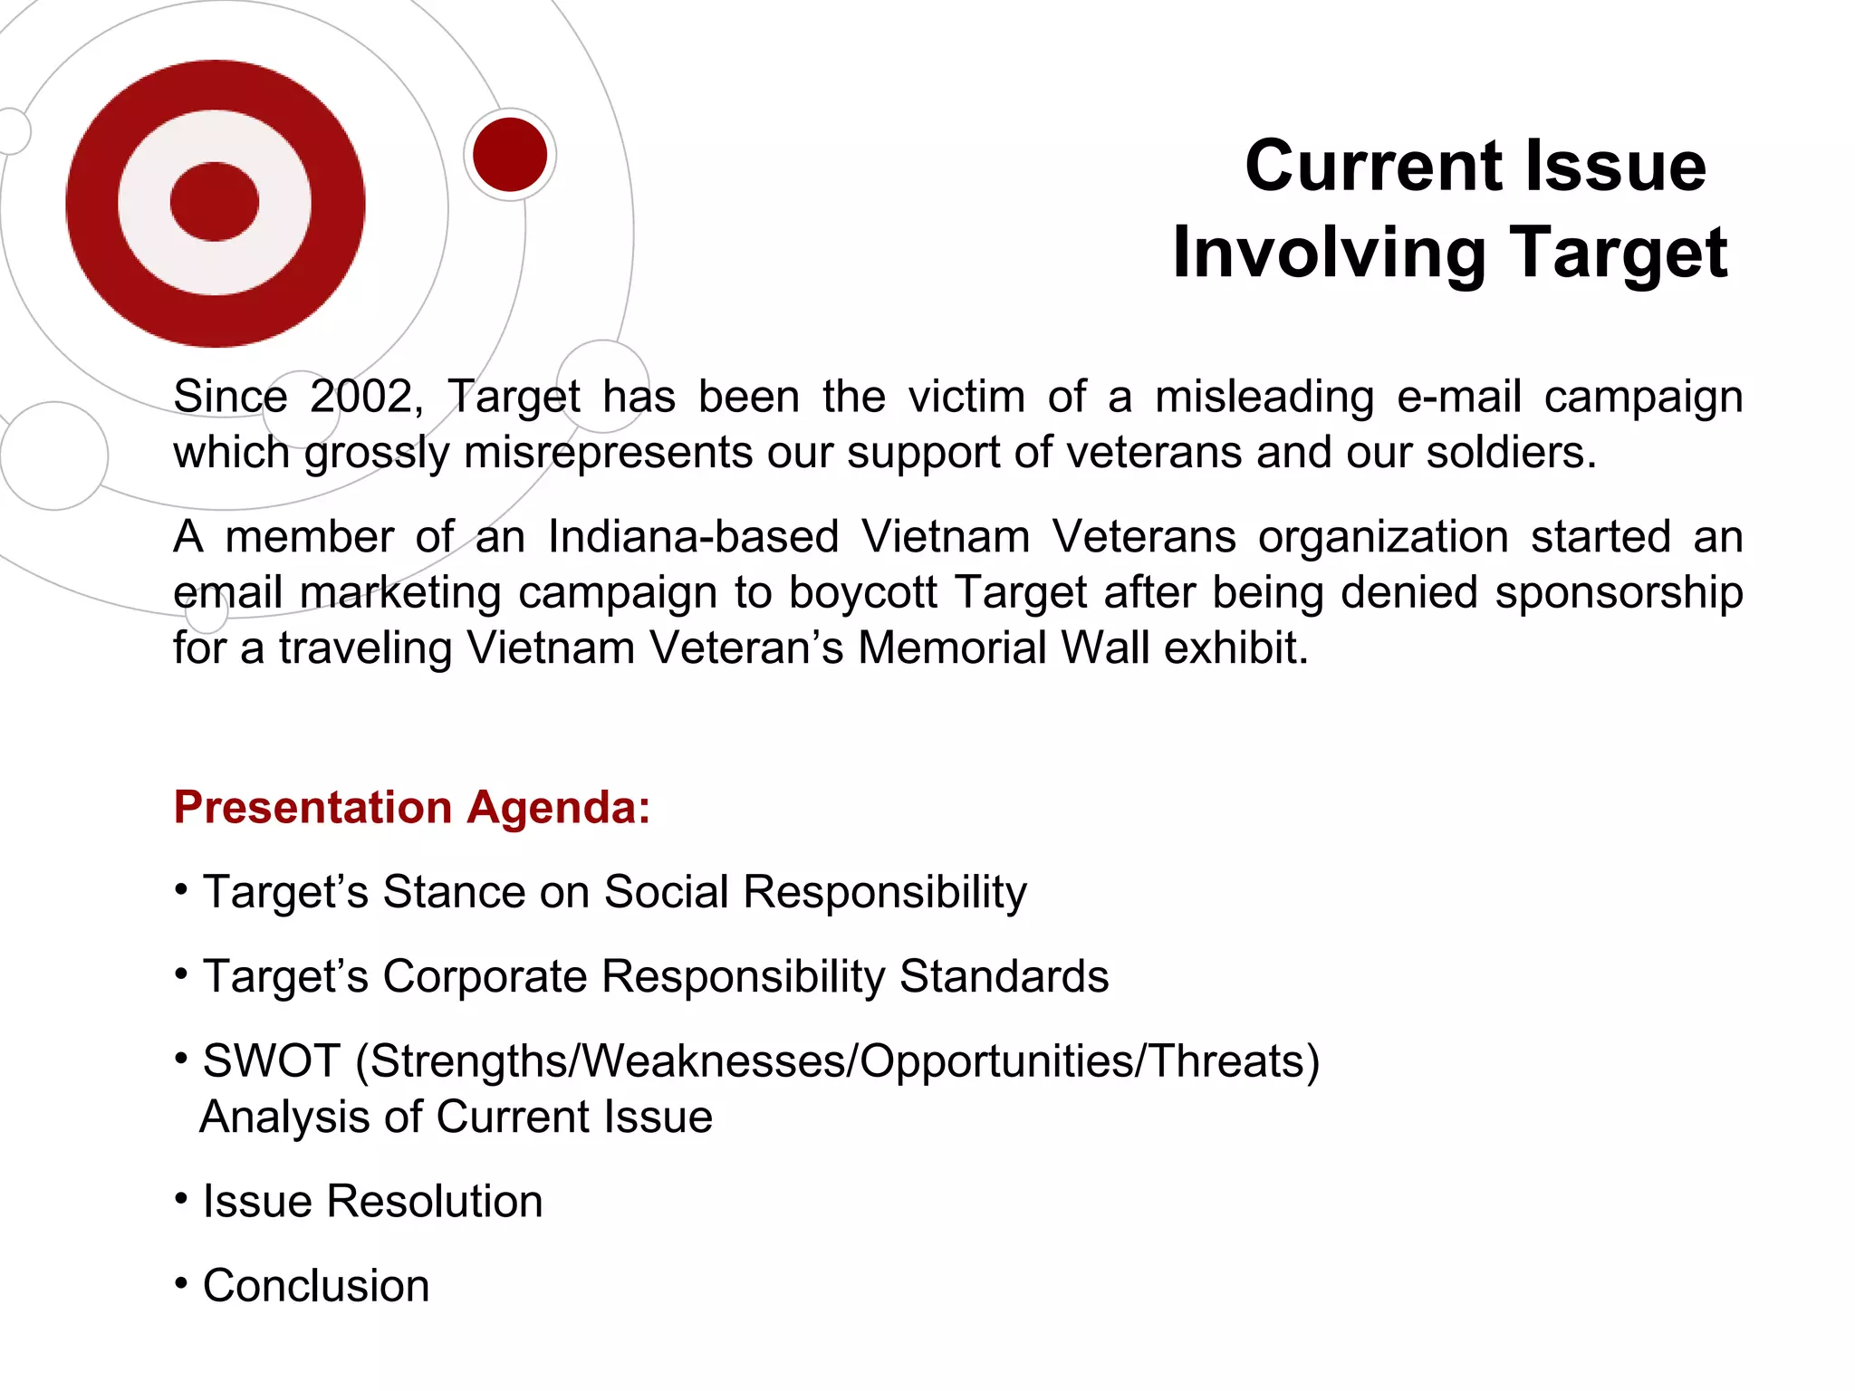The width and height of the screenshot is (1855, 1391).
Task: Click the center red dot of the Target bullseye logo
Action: tap(215, 202)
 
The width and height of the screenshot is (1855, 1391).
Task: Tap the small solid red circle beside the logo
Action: tap(510, 155)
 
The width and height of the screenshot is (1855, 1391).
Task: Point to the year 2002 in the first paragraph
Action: tap(361, 397)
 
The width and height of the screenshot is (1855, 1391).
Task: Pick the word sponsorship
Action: tap(1618, 592)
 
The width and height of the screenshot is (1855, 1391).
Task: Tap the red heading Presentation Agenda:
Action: tap(412, 807)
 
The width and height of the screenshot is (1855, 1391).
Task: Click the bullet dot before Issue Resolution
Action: tap(182, 1199)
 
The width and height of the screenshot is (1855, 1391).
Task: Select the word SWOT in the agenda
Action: tap(271, 1060)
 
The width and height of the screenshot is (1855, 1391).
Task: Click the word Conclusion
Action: tap(316, 1286)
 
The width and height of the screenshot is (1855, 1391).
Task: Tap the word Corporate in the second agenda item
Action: tap(485, 976)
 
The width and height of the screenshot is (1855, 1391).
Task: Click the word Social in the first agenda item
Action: tap(666, 892)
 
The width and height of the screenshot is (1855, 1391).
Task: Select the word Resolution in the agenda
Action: tap(434, 1202)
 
